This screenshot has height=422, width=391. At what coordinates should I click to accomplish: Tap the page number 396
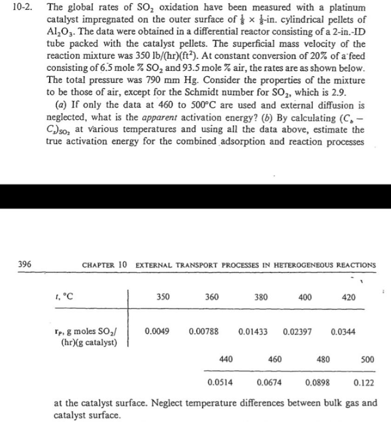coord(25,264)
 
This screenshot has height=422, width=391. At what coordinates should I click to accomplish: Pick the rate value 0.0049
coord(157,331)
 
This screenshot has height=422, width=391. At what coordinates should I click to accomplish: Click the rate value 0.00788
coord(204,331)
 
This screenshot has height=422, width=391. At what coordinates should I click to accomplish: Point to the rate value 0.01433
coord(252,331)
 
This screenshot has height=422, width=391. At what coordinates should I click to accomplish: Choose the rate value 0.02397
coord(297,331)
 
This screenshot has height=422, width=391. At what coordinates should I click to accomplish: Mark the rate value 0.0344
coord(343,331)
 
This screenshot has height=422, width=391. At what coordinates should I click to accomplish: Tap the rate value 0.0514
coord(220,383)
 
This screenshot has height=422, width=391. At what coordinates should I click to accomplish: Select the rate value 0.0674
coord(269,383)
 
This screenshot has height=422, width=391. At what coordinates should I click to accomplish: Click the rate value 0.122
coord(364,383)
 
